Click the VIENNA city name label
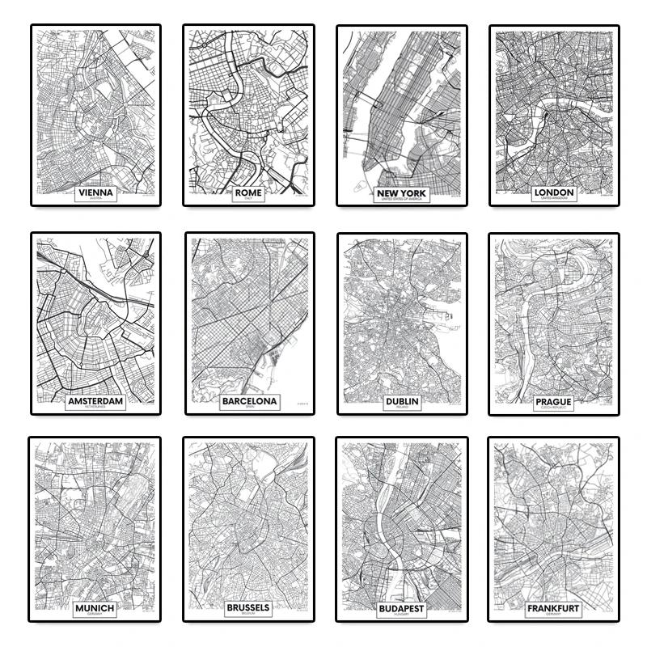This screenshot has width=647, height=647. (x=95, y=192)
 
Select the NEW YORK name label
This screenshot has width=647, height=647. (x=400, y=193)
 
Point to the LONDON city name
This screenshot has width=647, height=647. (x=554, y=192)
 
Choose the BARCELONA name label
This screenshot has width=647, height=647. (x=248, y=400)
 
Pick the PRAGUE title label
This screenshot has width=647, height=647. (x=553, y=401)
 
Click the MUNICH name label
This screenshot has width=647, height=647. (x=94, y=607)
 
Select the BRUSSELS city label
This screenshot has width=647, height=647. (x=248, y=607)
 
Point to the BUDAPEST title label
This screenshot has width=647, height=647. (x=400, y=608)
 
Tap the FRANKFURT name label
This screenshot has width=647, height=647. (x=554, y=607)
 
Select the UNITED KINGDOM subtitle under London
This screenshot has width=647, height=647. (x=554, y=199)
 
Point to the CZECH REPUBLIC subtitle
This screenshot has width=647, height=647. (x=553, y=408)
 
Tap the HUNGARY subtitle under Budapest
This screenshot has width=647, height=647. (x=400, y=615)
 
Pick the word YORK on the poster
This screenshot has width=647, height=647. (x=412, y=193)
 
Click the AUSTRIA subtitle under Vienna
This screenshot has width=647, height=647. (x=95, y=199)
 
